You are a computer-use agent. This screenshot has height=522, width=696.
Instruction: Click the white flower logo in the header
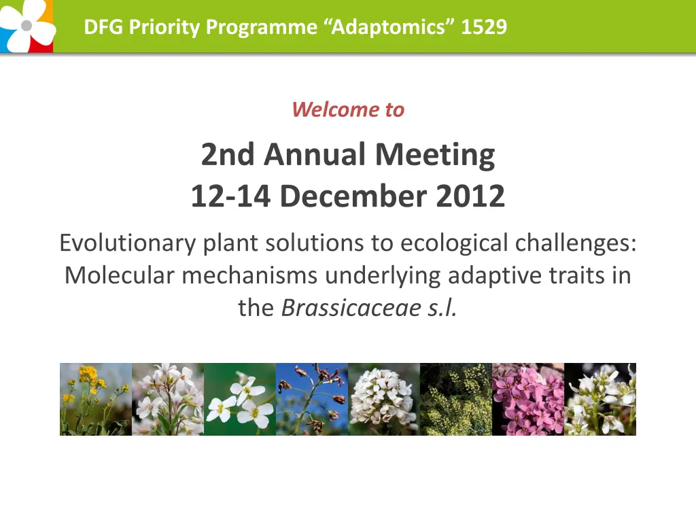tap(27, 26)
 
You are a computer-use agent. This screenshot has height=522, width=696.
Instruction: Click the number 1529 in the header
tap(484, 27)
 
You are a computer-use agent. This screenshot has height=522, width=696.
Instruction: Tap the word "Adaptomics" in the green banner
tap(388, 27)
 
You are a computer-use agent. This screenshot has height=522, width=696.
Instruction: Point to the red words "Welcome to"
tap(348, 109)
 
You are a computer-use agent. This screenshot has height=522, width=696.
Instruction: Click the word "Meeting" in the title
tap(435, 155)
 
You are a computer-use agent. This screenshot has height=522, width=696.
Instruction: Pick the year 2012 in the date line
tap(470, 196)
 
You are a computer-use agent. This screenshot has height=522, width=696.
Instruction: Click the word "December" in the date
tap(353, 196)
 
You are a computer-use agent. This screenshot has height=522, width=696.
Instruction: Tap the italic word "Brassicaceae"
tap(351, 308)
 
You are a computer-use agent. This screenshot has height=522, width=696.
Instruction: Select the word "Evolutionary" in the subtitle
tap(128, 243)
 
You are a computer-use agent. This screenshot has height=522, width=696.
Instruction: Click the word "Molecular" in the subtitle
tap(120, 275)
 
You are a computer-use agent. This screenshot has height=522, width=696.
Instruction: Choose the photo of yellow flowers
tap(96, 399)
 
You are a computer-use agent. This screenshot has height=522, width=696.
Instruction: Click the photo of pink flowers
tap(528, 399)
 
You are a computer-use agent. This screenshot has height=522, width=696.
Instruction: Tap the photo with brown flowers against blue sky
tap(312, 399)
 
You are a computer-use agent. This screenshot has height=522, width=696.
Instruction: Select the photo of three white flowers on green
tap(240, 399)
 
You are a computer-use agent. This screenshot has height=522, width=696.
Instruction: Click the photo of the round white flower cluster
tap(384, 399)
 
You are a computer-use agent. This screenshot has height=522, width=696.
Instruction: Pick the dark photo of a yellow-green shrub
tap(456, 399)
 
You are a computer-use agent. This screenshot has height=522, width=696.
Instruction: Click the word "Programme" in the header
tap(262, 27)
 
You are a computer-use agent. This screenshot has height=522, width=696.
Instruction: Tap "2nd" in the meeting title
tap(228, 155)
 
